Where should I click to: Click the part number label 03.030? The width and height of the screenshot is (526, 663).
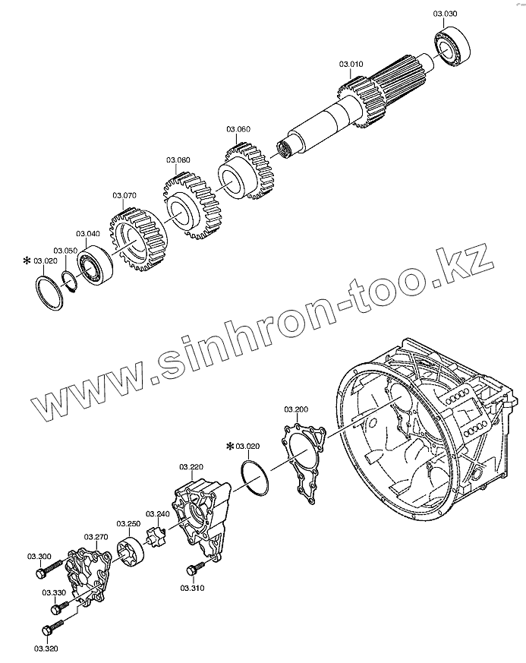pos(446,14)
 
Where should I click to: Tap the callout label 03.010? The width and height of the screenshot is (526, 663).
pos(351,65)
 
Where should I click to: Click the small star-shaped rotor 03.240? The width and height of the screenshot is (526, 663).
pos(158,536)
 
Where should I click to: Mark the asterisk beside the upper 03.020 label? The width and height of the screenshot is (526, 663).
pos(27,261)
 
